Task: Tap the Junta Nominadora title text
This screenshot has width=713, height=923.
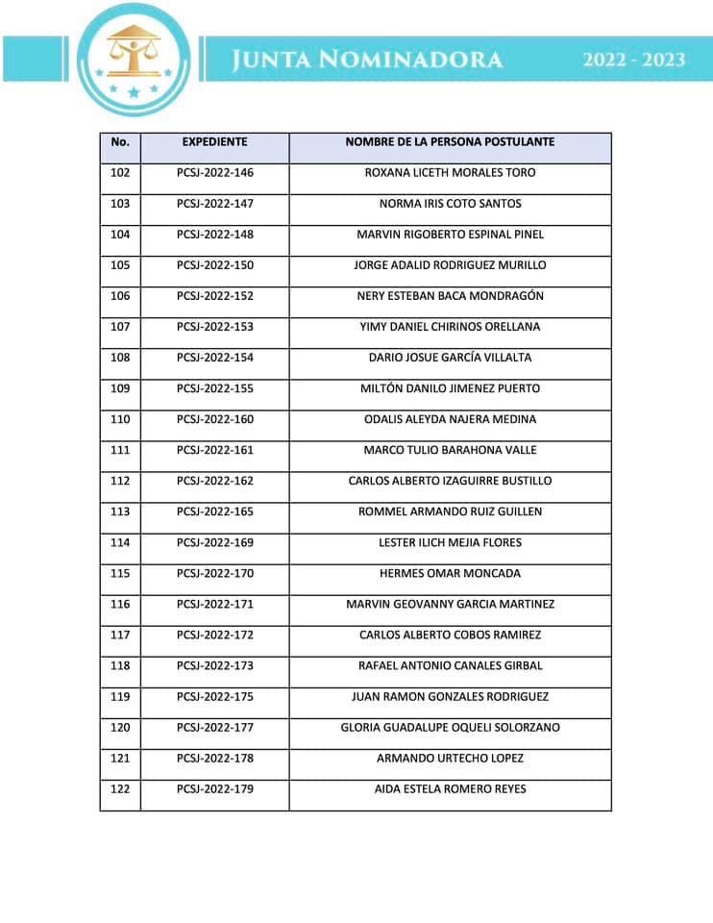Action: point(367,61)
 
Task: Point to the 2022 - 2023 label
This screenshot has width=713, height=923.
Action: point(633,60)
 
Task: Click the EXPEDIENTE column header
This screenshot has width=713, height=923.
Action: point(214,142)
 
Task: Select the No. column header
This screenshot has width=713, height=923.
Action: point(120,142)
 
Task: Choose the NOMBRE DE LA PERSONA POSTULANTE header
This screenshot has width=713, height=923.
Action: point(450,142)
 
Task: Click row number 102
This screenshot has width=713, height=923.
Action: point(120,173)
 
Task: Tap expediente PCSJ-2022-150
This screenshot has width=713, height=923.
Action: point(214,265)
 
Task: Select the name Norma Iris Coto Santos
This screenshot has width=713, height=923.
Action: point(450,204)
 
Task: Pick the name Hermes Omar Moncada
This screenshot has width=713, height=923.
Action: point(450,573)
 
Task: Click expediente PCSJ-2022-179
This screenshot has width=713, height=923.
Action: point(214,789)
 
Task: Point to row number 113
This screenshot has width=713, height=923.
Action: point(120,511)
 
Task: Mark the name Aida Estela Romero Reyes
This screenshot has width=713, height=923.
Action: point(450,789)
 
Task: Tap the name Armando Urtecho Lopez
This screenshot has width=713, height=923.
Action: point(450,759)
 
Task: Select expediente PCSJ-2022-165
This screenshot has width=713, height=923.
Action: point(214,511)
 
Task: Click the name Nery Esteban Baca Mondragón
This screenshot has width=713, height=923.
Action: point(450,296)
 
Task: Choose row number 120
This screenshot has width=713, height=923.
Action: point(120,728)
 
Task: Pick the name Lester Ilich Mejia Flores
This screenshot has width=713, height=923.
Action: point(450,542)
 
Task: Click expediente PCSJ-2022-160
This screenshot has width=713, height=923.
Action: point(214,419)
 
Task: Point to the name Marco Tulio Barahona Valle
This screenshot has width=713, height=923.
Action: point(450,450)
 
